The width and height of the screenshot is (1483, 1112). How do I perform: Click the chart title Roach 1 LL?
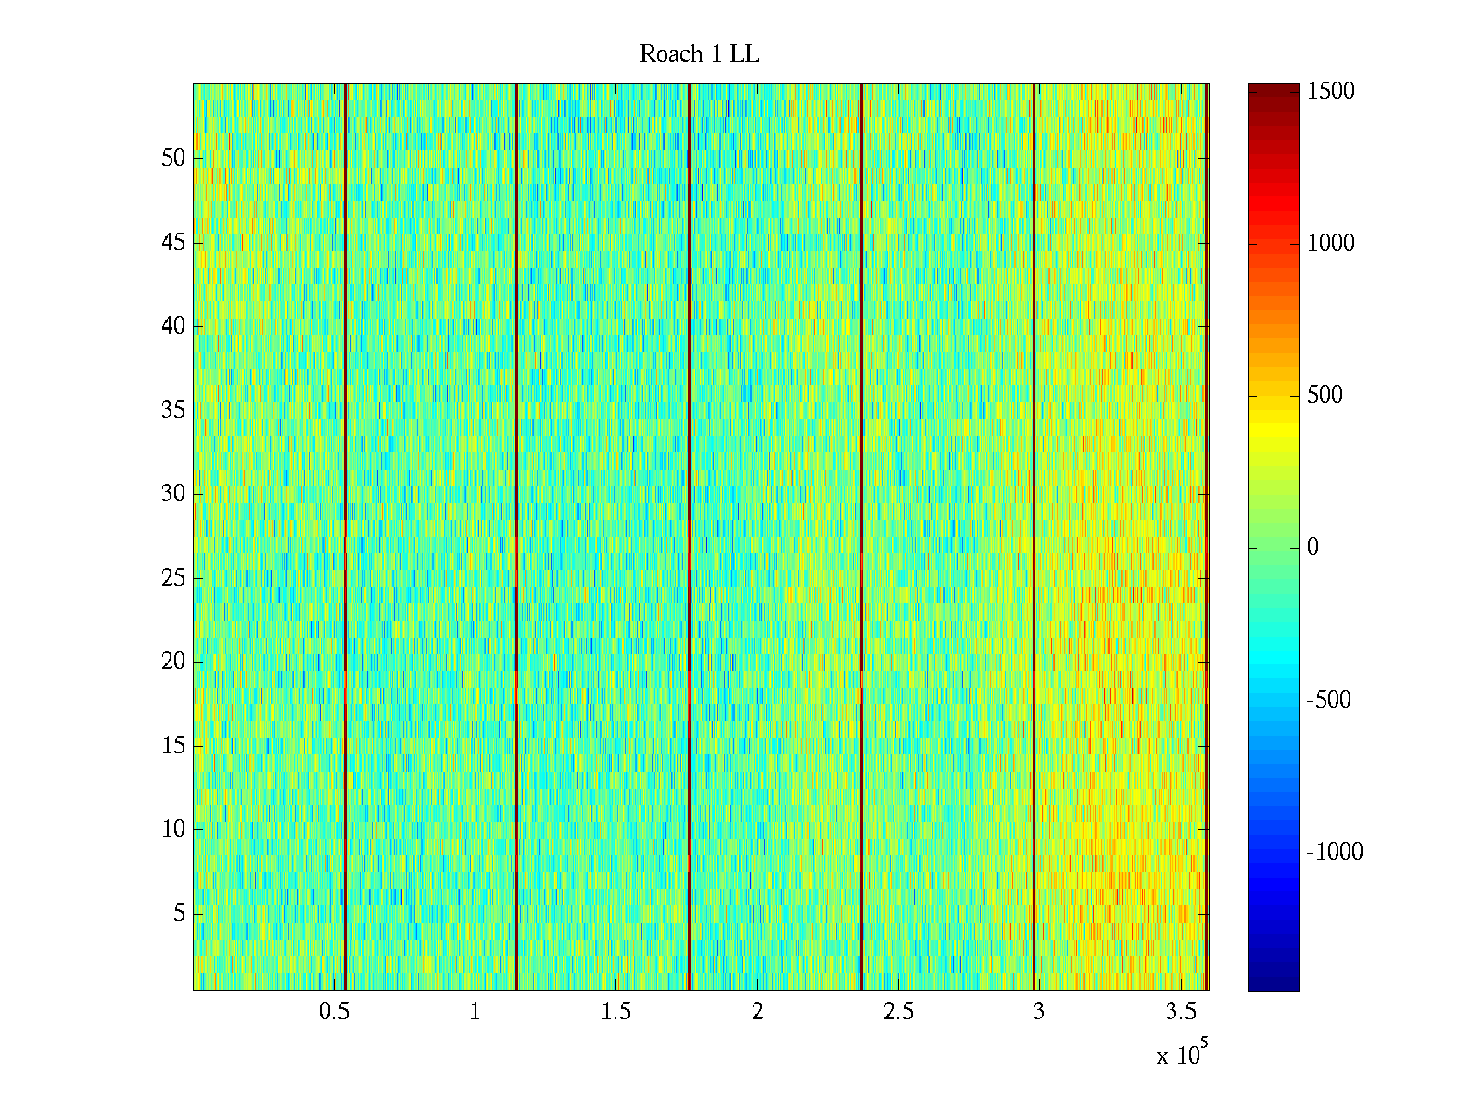tap(699, 55)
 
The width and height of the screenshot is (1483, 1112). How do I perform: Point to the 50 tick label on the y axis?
tap(173, 158)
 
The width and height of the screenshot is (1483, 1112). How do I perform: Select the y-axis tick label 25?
tap(173, 578)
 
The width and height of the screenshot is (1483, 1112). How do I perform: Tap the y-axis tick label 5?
tap(179, 914)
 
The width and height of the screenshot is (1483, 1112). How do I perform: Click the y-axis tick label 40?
tap(173, 326)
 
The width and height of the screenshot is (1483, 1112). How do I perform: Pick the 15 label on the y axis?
tap(173, 746)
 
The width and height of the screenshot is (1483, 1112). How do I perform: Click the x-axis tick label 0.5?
tap(334, 1012)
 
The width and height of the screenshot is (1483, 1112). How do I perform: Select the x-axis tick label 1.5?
tap(616, 1012)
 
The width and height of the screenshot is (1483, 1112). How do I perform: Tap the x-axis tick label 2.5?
tap(898, 1012)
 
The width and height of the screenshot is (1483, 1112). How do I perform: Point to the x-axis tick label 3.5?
tap(1180, 1012)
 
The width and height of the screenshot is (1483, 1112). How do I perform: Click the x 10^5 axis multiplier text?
tap(1181, 1055)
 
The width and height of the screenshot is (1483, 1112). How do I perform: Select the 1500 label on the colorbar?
tap(1331, 92)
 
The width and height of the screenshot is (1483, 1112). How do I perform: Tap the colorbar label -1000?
tap(1335, 853)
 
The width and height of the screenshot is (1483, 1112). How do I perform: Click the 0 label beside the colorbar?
tap(1312, 548)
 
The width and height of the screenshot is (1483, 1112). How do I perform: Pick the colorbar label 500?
tap(1325, 396)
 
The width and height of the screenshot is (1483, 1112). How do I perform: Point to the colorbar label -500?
tap(1329, 701)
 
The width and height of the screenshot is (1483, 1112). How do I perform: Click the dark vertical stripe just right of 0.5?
tap(345, 537)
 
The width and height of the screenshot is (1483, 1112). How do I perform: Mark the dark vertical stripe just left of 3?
tap(1033, 537)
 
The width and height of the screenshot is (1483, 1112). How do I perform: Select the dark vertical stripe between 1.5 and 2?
tap(689, 537)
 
